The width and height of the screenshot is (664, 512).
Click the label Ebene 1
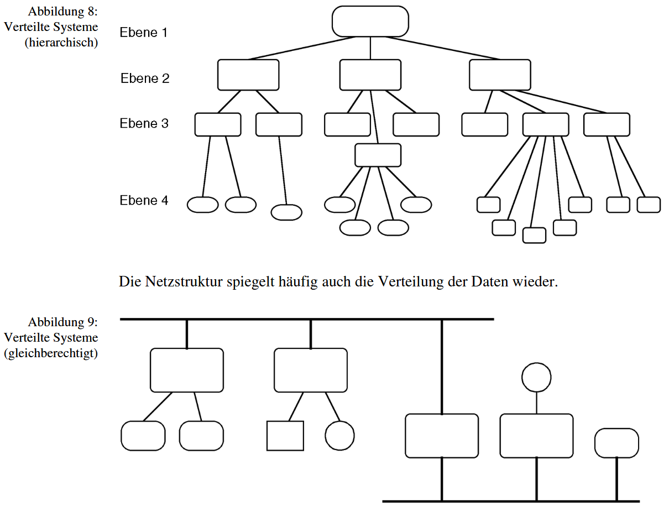pyautogui.click(x=143, y=33)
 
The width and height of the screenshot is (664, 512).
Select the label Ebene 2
pyautogui.click(x=145, y=79)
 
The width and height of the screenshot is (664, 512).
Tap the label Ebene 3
pyautogui.click(x=144, y=123)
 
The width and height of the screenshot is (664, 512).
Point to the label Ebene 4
pyautogui.click(x=144, y=200)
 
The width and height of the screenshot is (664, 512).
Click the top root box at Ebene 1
pyautogui.click(x=370, y=22)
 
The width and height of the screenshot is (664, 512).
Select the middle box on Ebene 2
pyautogui.click(x=370, y=75)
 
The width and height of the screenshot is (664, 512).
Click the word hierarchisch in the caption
pyautogui.click(x=61, y=43)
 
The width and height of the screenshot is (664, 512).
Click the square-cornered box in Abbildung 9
pyautogui.click(x=285, y=436)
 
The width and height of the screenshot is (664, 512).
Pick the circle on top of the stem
pyautogui.click(x=536, y=377)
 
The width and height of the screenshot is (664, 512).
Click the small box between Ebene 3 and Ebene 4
pyautogui.click(x=378, y=155)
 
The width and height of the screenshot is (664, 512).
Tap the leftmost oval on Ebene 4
pyautogui.click(x=203, y=205)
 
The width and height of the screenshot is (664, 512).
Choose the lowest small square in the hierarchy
pyautogui.click(x=534, y=235)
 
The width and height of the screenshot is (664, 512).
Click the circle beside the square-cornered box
pyautogui.click(x=339, y=436)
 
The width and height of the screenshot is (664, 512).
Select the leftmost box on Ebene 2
pyautogui.click(x=248, y=75)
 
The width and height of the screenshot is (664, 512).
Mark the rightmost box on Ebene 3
pyautogui.click(x=607, y=124)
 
